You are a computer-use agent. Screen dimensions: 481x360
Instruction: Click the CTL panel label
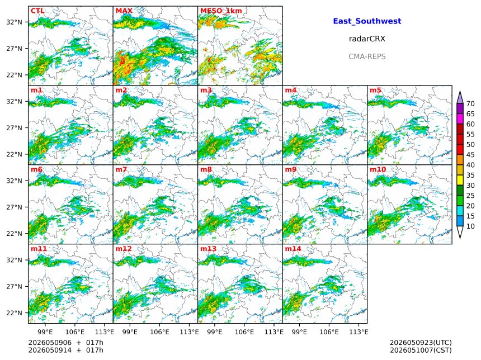click(x=37, y=11)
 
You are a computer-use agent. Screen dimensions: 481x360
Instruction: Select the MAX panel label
click(x=124, y=11)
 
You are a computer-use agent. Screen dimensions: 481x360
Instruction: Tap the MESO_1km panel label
click(x=221, y=11)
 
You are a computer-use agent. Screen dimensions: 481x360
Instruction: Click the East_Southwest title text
click(x=367, y=21)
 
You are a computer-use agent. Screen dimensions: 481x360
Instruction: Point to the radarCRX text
click(x=367, y=39)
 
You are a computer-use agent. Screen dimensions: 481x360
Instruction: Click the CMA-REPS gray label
click(x=367, y=56)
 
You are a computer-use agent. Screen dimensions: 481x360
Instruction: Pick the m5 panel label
click(x=375, y=90)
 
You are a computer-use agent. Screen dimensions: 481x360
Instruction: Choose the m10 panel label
click(x=378, y=169)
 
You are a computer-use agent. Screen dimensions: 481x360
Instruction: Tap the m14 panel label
click(x=293, y=249)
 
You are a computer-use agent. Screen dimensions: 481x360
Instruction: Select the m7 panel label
click(x=121, y=169)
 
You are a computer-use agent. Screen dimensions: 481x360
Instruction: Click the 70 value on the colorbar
click(x=470, y=104)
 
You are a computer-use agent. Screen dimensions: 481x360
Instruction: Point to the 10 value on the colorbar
click(x=470, y=226)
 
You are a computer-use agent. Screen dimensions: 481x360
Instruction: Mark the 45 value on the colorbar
click(x=470, y=155)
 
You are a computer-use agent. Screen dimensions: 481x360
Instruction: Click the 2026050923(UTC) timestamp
click(x=421, y=343)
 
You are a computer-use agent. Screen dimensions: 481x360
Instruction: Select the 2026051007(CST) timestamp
click(x=421, y=350)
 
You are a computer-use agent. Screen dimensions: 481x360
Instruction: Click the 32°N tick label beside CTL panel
click(x=15, y=22)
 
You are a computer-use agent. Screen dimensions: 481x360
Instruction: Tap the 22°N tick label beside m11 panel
click(x=15, y=313)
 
